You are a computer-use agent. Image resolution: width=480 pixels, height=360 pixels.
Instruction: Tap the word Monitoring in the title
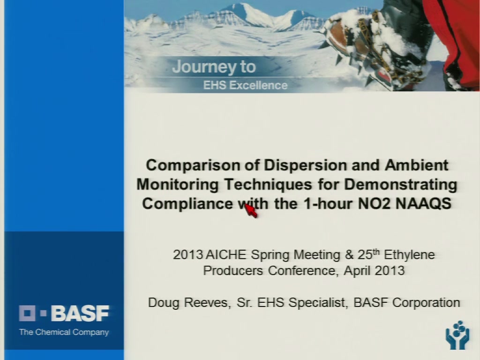(177, 185)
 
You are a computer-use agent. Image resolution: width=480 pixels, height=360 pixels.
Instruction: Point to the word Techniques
(268, 185)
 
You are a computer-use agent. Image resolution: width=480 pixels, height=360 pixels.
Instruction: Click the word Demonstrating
(401, 185)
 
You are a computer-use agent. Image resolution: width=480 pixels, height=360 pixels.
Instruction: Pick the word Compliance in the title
(187, 204)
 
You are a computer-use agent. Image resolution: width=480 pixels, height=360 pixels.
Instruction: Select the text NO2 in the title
(374, 203)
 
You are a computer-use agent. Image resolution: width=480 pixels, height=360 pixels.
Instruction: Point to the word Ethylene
(409, 255)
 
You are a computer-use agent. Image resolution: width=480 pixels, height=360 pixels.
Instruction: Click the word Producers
(233, 270)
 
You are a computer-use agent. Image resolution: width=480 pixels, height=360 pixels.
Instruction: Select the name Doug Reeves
(188, 303)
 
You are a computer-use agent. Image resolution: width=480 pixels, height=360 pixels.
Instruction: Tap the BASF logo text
(80, 313)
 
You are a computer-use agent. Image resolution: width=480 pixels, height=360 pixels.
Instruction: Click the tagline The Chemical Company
(64, 332)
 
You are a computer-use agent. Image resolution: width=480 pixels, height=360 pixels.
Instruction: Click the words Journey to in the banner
(214, 67)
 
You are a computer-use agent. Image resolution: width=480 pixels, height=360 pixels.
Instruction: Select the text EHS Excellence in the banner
(246, 85)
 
